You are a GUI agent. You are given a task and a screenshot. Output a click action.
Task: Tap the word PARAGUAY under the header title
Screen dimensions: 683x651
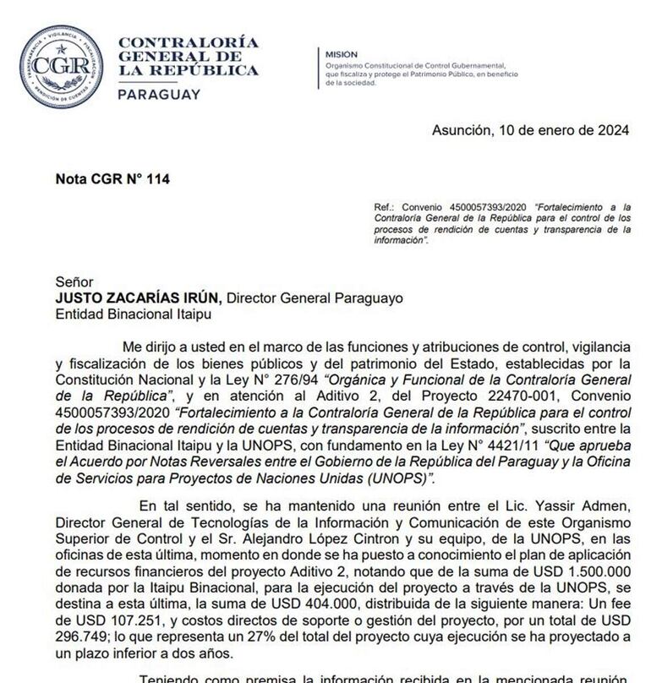(x=159, y=95)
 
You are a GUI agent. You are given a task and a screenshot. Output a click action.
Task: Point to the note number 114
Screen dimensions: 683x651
(x=159, y=179)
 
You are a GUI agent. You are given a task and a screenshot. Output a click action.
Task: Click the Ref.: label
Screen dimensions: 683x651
(x=385, y=207)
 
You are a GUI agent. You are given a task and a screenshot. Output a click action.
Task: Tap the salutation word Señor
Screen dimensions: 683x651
(x=74, y=283)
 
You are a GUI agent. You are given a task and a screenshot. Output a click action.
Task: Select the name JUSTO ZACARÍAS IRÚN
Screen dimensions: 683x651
(x=138, y=298)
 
